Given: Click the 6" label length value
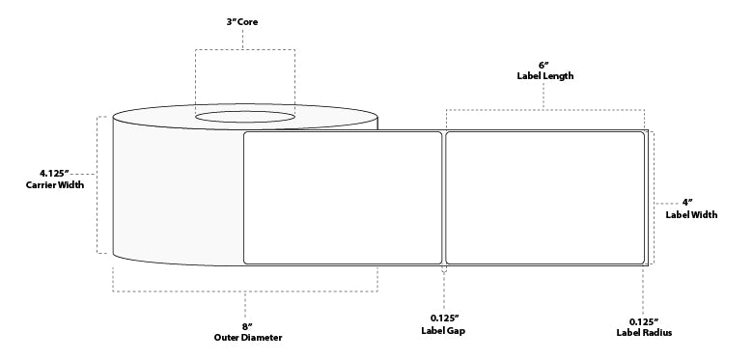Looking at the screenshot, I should (x=544, y=64).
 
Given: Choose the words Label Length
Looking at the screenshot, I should (x=544, y=75).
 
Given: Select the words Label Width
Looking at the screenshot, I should (x=691, y=215).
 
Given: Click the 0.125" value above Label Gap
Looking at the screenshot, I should (x=443, y=319).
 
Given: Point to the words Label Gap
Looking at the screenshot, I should (x=444, y=332).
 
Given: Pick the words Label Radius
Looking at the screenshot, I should (x=644, y=332).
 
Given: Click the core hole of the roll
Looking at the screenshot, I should (x=246, y=118).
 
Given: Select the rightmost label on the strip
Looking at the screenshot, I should (x=544, y=197).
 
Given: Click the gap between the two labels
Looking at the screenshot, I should (x=443, y=197).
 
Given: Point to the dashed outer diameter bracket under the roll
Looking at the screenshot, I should (x=245, y=291).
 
